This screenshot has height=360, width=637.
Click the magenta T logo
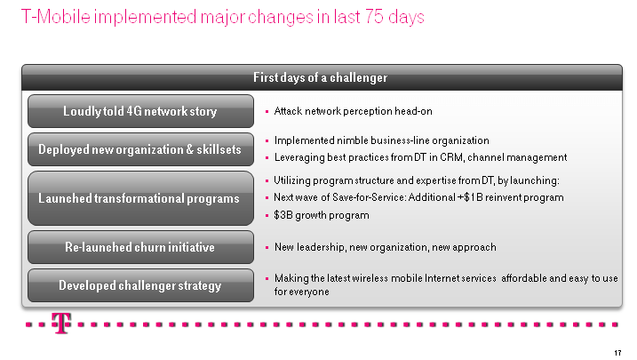point(61,323)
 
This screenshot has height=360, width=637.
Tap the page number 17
point(617,353)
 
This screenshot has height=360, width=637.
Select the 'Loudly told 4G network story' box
point(140,111)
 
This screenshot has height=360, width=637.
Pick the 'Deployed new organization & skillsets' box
point(140,149)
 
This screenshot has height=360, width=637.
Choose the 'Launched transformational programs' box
point(140,198)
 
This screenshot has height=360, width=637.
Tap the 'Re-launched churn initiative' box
point(140,247)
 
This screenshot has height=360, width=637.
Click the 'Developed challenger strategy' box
point(140,285)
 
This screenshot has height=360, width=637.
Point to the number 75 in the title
point(374,17)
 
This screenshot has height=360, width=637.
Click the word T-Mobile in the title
point(56,17)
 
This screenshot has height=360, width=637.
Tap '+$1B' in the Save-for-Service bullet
point(470,197)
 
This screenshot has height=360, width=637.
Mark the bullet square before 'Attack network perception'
point(267,111)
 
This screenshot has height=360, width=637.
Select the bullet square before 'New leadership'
point(267,247)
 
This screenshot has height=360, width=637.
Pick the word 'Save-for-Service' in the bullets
point(369,197)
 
